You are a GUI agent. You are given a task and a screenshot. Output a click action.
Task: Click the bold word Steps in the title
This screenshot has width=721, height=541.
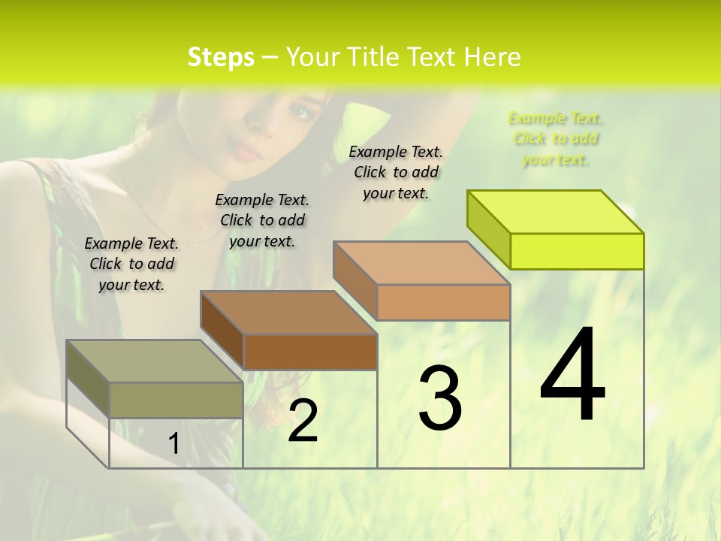(221, 58)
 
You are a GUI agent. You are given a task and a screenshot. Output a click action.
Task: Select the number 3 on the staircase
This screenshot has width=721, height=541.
(440, 398)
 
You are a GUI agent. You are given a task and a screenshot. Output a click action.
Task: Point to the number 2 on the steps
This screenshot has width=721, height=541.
(303, 421)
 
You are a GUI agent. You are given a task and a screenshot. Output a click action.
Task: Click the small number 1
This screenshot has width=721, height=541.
(173, 444)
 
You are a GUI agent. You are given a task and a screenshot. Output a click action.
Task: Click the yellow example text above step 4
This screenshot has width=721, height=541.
(555, 138)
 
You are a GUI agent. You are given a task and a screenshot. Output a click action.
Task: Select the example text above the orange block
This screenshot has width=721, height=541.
(396, 172)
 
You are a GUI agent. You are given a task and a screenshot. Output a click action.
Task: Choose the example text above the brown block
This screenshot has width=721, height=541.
(262, 220)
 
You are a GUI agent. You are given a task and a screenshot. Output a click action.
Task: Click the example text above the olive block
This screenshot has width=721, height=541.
(131, 264)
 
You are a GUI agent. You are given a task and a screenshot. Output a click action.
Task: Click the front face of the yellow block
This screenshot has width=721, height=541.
(577, 251)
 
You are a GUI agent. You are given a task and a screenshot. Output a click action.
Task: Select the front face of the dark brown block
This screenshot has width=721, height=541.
(310, 352)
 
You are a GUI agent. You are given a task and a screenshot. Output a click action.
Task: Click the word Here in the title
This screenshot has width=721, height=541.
(493, 57)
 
